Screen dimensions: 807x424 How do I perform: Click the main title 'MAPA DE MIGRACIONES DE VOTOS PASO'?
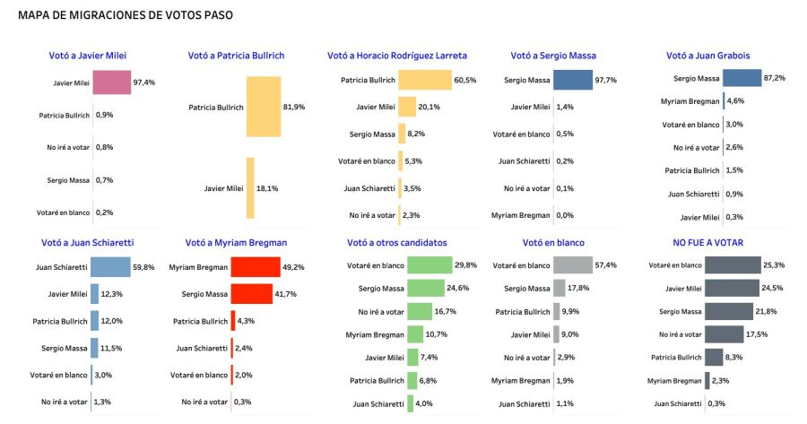(x=126, y=15)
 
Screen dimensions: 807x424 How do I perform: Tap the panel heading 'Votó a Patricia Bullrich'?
(x=236, y=56)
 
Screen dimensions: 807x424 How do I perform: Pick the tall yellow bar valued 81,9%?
(x=264, y=107)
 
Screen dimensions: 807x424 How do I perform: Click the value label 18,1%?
(x=267, y=188)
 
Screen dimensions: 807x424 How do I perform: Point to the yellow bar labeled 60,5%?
(x=425, y=80)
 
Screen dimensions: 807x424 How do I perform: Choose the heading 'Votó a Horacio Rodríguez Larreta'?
(x=397, y=56)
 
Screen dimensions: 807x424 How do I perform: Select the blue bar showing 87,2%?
(x=742, y=78)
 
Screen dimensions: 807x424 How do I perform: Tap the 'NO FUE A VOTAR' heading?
(x=707, y=242)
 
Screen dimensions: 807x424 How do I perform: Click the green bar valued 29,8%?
(x=430, y=265)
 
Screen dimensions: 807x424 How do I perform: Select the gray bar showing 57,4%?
(x=573, y=265)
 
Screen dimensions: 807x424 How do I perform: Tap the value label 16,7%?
(x=445, y=311)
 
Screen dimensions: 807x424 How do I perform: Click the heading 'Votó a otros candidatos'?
(x=397, y=243)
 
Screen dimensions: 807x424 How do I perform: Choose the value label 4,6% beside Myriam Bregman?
(x=735, y=101)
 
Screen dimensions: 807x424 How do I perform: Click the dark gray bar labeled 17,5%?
(x=725, y=334)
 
